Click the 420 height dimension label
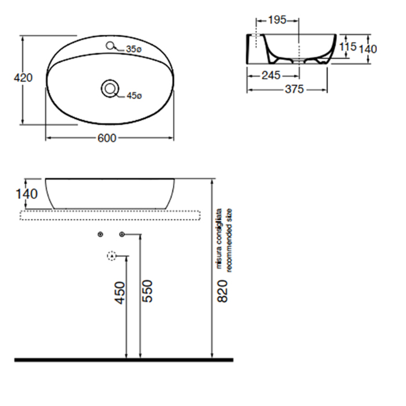tap(23, 78)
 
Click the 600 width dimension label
tap(107, 138)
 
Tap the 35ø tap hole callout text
tap(134, 49)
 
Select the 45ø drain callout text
tap(135, 96)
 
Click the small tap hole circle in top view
tap(110, 46)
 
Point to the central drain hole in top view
tap(110, 89)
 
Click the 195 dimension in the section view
tap(277, 20)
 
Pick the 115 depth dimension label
tap(348, 47)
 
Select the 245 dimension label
tap(271, 75)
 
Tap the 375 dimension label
tap(294, 89)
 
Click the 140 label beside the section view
tap(368, 49)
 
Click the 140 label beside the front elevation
tap(27, 194)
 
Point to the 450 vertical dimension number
tap(120, 293)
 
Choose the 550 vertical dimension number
tap(147, 291)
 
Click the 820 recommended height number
tap(222, 291)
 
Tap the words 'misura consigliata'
tap(219, 238)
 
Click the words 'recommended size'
tap(229, 240)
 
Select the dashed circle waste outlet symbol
tap(111, 256)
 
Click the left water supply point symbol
tap(101, 234)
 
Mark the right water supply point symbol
tap(122, 234)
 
